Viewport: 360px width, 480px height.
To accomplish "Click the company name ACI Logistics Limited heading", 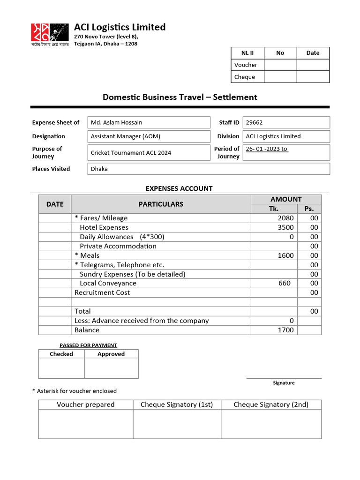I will point(120,27).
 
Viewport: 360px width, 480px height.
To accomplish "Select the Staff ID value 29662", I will point(255,123).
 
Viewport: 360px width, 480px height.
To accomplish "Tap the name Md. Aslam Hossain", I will point(116,123).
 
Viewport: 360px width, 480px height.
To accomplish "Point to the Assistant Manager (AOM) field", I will point(125,136).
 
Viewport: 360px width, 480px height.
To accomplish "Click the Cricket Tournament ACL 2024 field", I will point(131,153).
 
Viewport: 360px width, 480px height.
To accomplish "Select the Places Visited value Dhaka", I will point(99,169).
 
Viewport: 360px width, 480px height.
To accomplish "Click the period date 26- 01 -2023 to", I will point(267,149).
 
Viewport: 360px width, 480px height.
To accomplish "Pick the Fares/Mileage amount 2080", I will point(285,218).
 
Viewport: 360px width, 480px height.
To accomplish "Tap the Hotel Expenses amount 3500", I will point(285,227).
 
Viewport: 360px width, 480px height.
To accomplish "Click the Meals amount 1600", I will point(285,255).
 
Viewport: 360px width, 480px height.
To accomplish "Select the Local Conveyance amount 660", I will point(284,283).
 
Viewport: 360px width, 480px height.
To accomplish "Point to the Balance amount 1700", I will point(285,330).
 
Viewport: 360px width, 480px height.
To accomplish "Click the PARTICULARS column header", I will point(161,204).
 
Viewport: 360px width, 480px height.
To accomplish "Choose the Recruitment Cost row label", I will point(102,292).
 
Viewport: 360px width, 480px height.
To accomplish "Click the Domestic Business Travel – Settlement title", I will point(180,97).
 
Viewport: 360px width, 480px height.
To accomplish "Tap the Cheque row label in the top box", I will point(245,77).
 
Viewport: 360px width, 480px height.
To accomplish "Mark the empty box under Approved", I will point(111,368).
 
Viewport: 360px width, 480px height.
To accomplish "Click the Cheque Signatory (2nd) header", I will point(271,405).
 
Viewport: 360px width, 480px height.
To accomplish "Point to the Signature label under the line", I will point(284,383).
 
